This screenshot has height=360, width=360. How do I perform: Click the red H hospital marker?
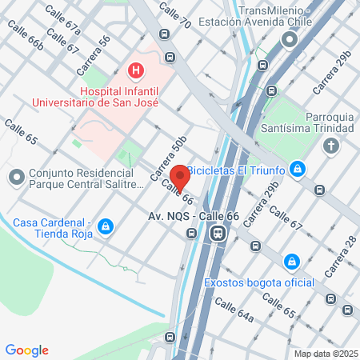137,71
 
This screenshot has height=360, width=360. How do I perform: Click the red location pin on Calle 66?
179,175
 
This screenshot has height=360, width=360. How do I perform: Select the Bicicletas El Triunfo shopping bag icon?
298,169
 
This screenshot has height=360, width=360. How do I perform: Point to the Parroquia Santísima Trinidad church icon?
331,146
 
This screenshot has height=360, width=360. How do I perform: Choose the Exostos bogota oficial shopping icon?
294,262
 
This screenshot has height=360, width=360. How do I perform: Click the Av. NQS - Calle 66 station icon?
217,234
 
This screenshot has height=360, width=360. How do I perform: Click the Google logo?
26,350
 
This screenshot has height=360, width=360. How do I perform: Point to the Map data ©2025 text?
325,354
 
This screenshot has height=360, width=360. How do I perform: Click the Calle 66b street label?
24,36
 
